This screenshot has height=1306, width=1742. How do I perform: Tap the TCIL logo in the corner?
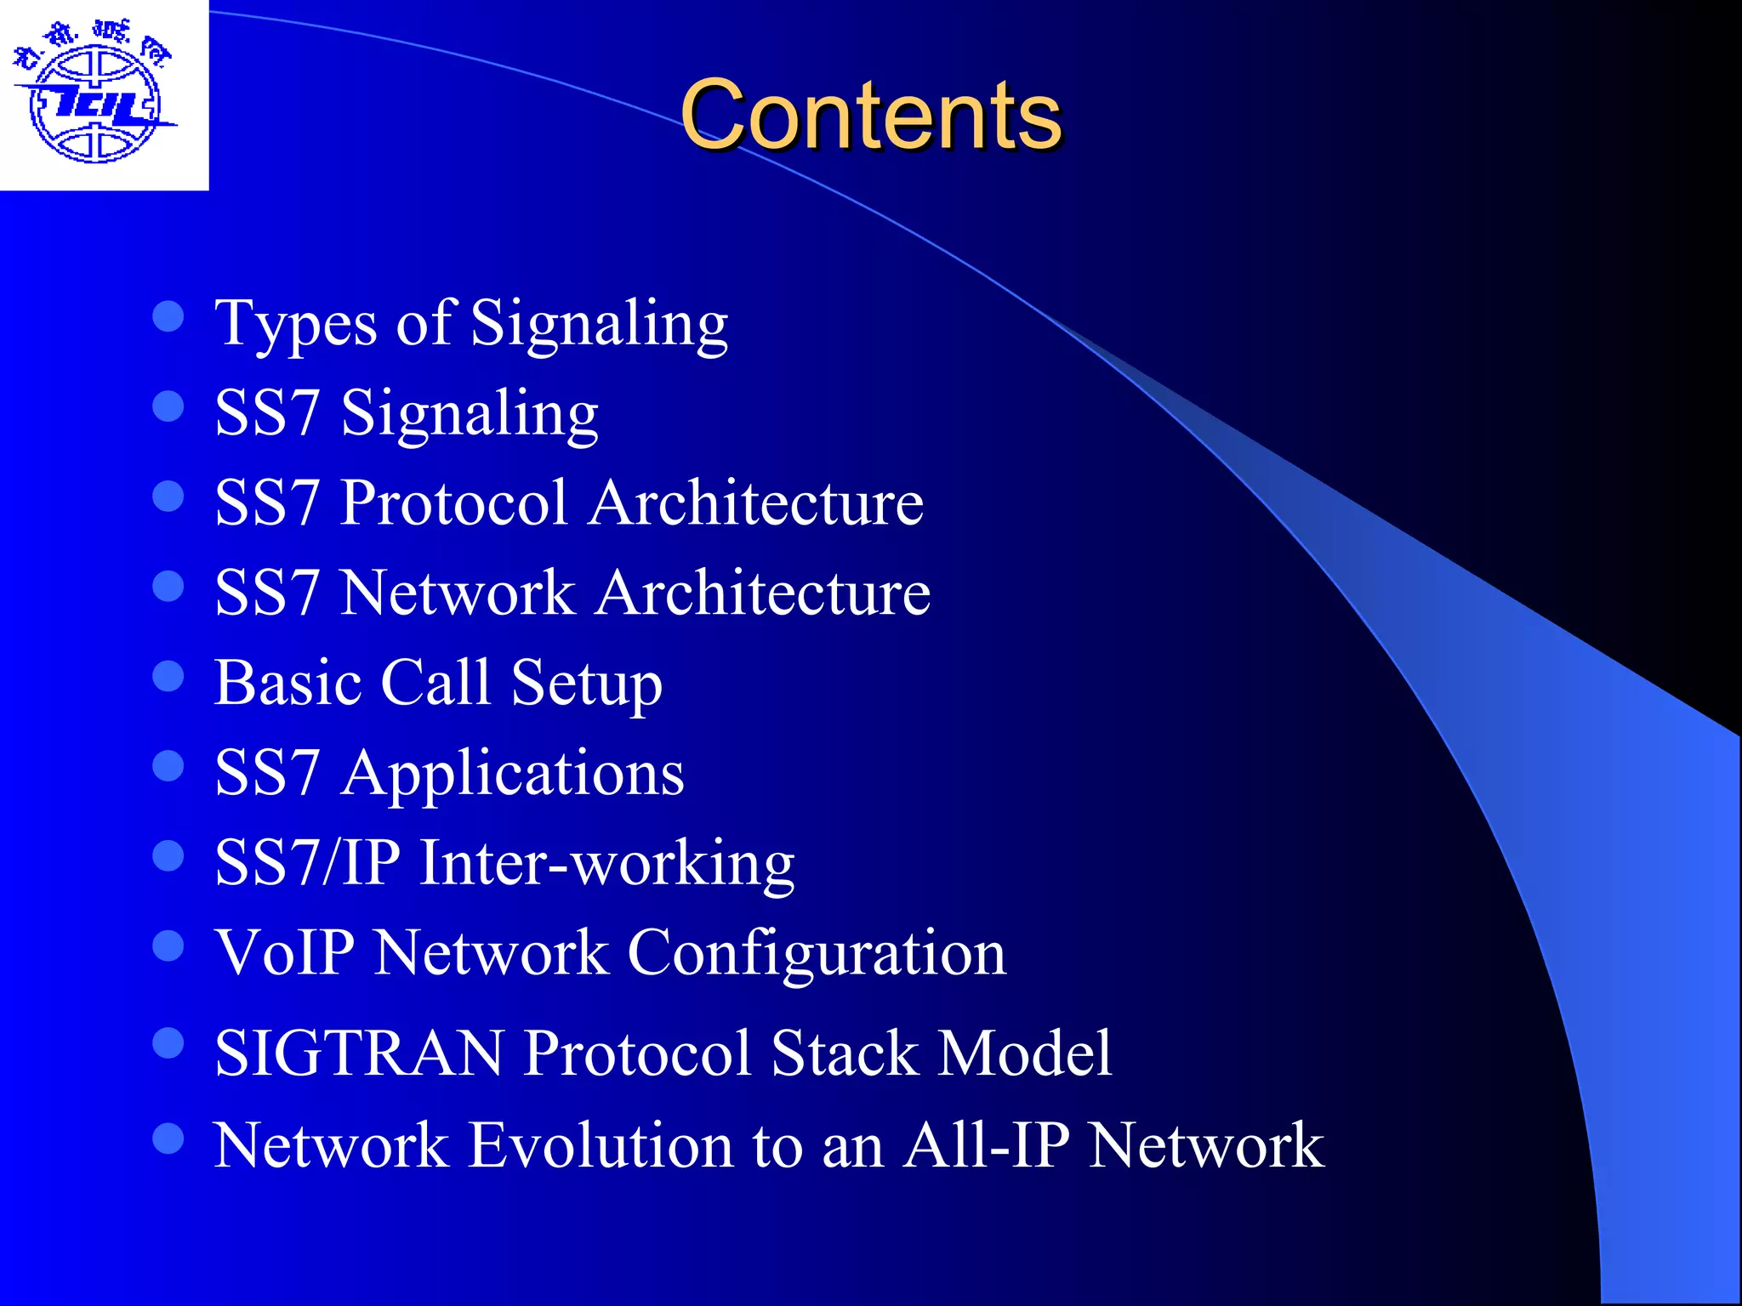95,95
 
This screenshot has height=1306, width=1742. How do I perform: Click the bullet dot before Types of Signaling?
168,316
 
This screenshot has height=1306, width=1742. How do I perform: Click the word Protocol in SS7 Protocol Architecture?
453,503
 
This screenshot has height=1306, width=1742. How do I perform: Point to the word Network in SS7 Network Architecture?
458,593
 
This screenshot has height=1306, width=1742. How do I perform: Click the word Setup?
586,684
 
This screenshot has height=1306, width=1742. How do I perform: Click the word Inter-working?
607,863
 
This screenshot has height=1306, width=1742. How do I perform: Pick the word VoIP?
284,952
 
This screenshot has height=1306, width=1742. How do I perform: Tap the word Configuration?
817,954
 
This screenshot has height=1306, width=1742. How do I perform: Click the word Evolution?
601,1145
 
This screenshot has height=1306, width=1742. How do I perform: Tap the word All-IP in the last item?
986,1145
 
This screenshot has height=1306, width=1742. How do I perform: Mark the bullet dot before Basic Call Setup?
168,677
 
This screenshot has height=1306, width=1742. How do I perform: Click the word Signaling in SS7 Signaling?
470,414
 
